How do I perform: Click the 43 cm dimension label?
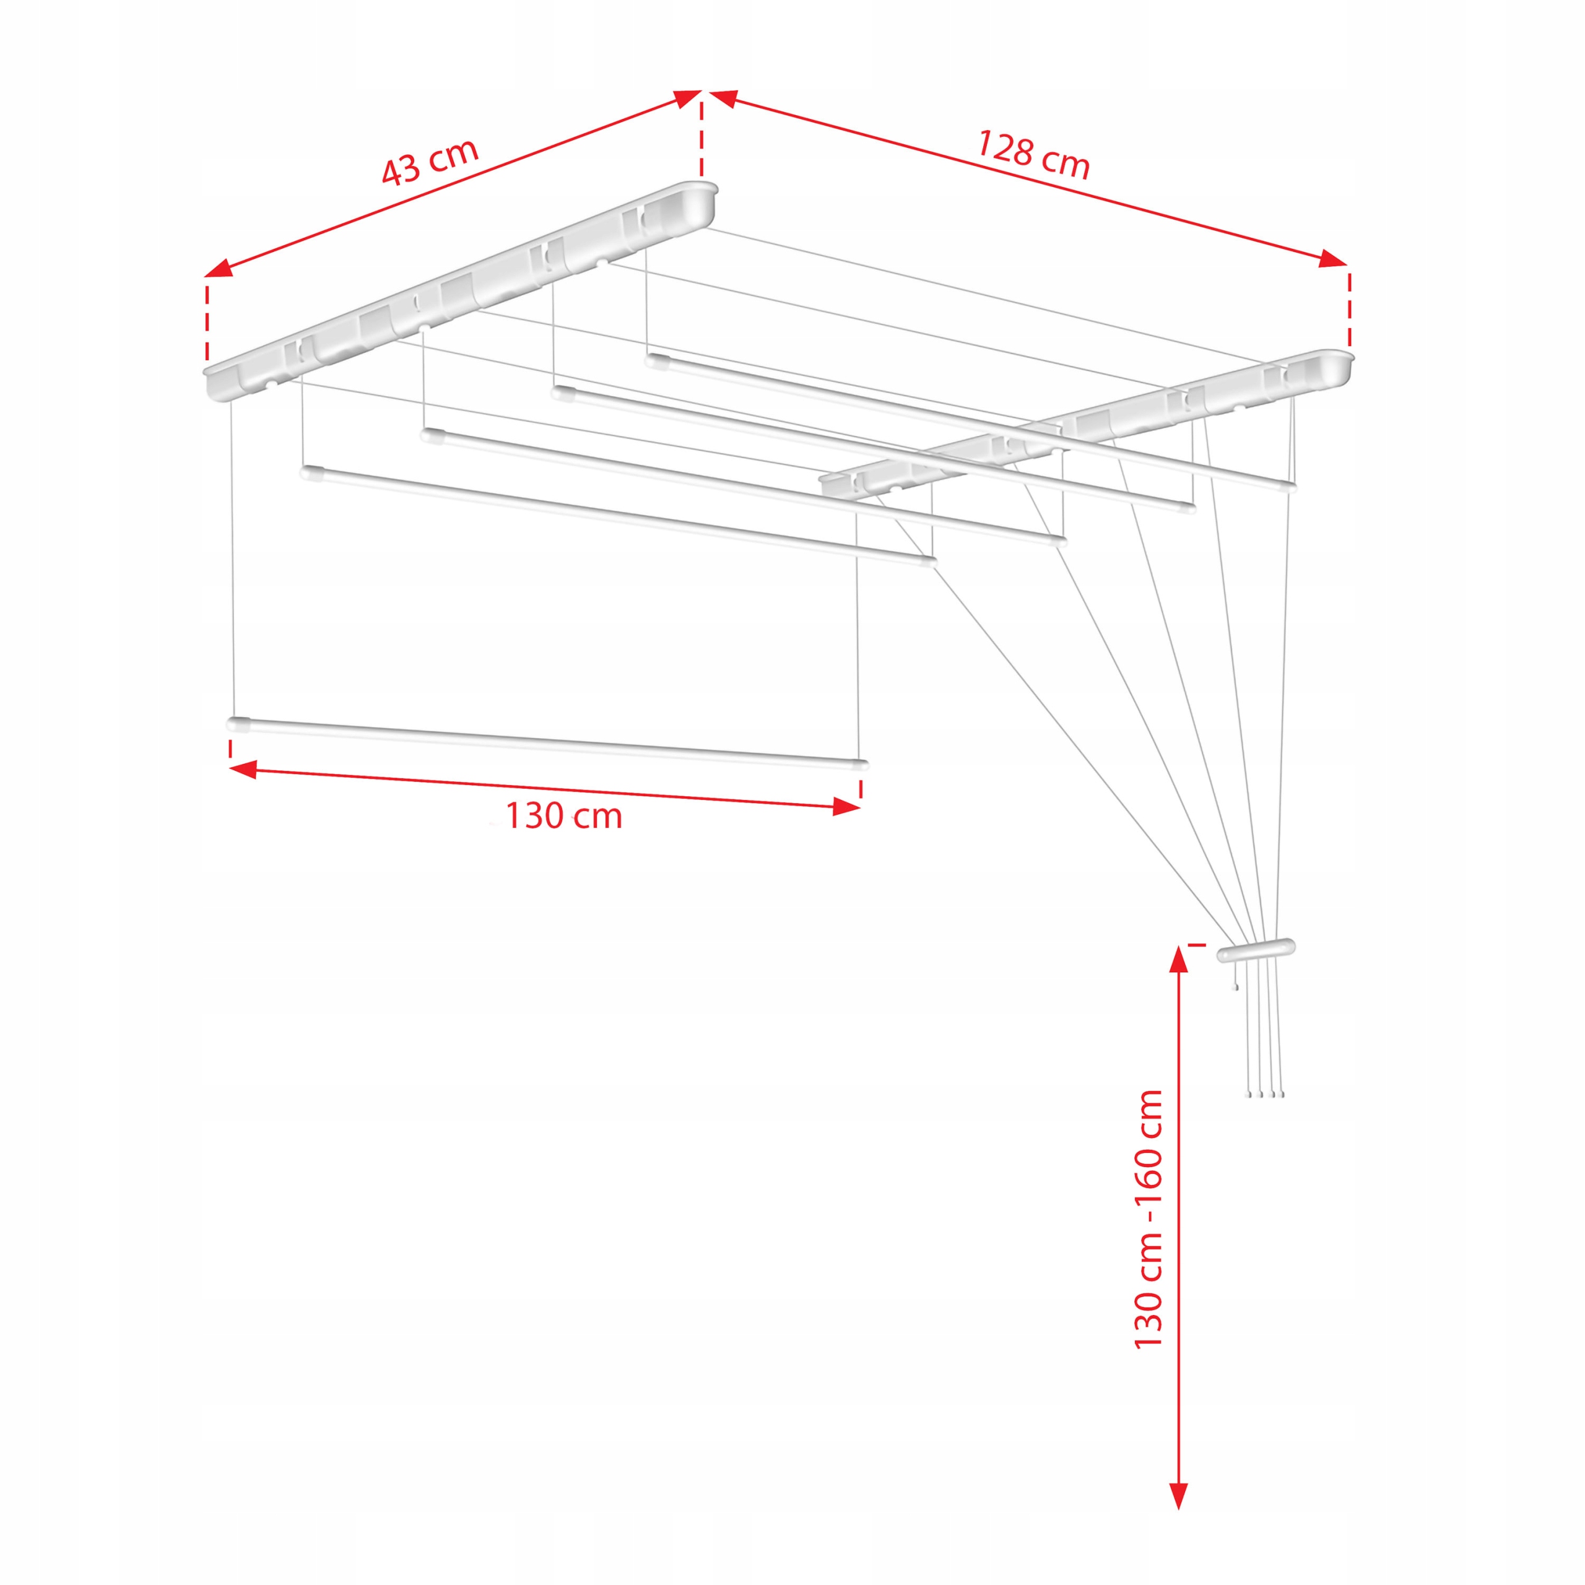coord(429,162)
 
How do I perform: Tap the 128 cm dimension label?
coord(1033,154)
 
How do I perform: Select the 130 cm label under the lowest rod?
coord(563,816)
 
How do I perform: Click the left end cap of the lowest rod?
coord(238,724)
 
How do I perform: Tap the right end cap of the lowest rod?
coord(859,765)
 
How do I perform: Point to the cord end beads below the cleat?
coord(1265,1095)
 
